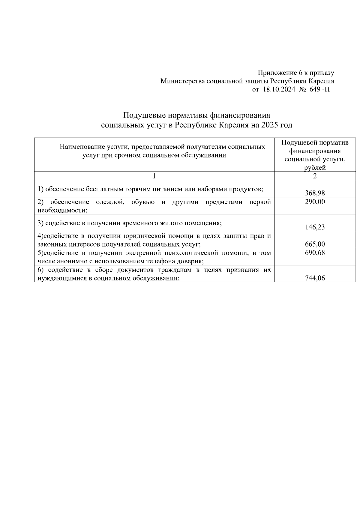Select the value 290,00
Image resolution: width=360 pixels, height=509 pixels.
pyautogui.click(x=315, y=202)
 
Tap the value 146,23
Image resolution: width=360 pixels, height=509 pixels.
pyautogui.click(x=315, y=227)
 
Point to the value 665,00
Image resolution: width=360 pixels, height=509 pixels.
pyautogui.click(x=315, y=244)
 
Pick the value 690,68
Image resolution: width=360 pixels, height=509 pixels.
pyautogui.click(x=315, y=253)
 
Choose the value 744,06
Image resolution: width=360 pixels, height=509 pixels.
pyautogui.click(x=315, y=278)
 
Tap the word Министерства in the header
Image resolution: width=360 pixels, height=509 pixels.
pyautogui.click(x=183, y=81)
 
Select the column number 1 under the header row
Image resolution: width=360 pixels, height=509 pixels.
pyautogui.click(x=154, y=176)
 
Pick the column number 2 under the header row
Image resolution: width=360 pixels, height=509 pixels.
pyautogui.click(x=315, y=176)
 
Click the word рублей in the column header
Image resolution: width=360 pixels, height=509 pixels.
pyautogui.click(x=315, y=168)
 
